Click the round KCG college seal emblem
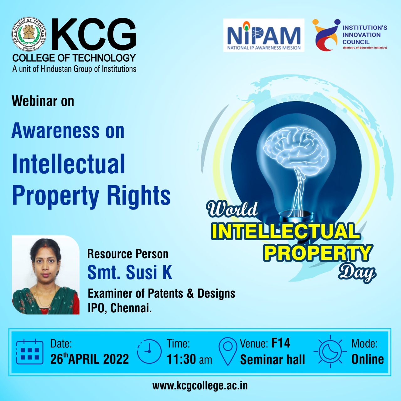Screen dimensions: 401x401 coord(29,34)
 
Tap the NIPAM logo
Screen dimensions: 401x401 coord(264,35)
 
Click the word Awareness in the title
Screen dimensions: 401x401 coord(55,130)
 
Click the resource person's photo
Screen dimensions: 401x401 coord(46,275)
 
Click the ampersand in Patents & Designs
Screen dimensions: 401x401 coord(190,294)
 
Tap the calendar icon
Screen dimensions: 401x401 coord(30,352)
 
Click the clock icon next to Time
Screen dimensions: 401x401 coord(149,352)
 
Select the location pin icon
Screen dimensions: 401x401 coord(228,351)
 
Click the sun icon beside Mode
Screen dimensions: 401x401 coord(330,351)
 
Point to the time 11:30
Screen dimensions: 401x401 coord(181,359)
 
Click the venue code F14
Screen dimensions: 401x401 coord(280,343)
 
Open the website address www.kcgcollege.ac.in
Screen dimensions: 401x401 coord(200,386)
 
